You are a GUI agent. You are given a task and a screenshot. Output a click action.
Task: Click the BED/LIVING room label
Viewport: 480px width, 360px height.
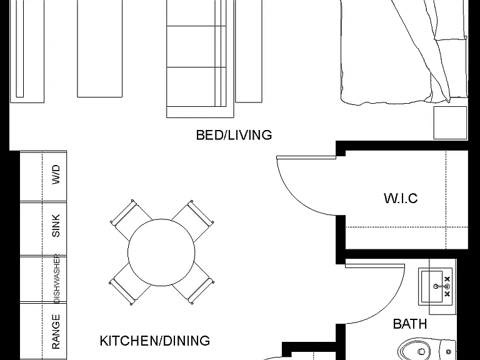tap(234, 135)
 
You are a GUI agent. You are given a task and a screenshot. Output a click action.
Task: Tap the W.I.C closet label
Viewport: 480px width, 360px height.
tap(401, 198)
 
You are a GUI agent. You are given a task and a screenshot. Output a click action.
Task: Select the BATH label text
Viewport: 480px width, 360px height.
tap(410, 324)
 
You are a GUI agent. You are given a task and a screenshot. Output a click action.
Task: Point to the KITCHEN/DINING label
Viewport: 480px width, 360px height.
tap(155, 341)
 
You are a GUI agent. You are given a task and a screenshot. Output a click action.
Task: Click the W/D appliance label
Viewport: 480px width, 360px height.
tap(56, 174)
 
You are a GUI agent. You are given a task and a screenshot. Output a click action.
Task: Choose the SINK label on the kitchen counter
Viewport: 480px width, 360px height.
tap(56, 226)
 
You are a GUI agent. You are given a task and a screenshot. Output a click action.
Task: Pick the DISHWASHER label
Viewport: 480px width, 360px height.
tap(57, 278)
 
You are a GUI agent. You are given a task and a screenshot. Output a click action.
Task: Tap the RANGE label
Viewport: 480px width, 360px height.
tap(56, 332)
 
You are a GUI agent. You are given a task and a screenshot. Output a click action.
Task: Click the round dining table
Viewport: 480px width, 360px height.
tap(161, 252)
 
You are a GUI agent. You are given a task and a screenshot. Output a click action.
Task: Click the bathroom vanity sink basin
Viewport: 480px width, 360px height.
tap(432, 286)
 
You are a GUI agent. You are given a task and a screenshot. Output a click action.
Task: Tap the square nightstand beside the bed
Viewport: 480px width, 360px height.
tap(450, 122)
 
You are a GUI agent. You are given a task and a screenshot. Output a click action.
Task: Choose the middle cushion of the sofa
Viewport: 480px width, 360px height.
tap(196, 46)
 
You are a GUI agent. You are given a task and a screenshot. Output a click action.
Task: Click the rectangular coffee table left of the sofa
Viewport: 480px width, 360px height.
tap(100, 48)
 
